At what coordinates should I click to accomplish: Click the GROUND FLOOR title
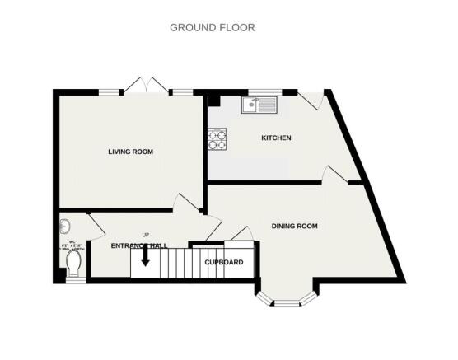pos(212,27)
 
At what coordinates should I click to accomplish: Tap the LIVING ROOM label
pos(131,152)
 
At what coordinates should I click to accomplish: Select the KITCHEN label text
pos(276,138)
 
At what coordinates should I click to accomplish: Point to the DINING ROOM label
pos(294,226)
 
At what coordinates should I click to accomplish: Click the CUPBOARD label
pos(223,262)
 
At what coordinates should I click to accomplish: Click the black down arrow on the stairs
pos(145,257)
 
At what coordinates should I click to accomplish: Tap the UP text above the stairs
pos(145,235)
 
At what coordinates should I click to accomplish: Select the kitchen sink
pos(261,105)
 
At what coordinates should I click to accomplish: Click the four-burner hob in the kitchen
pos(217,140)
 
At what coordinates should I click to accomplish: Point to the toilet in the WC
pos(72,262)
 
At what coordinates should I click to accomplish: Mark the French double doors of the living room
pos(146,86)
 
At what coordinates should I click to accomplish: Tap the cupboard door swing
pos(240,234)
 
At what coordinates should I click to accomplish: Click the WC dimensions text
pos(72,245)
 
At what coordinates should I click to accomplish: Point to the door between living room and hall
pos(185,203)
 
